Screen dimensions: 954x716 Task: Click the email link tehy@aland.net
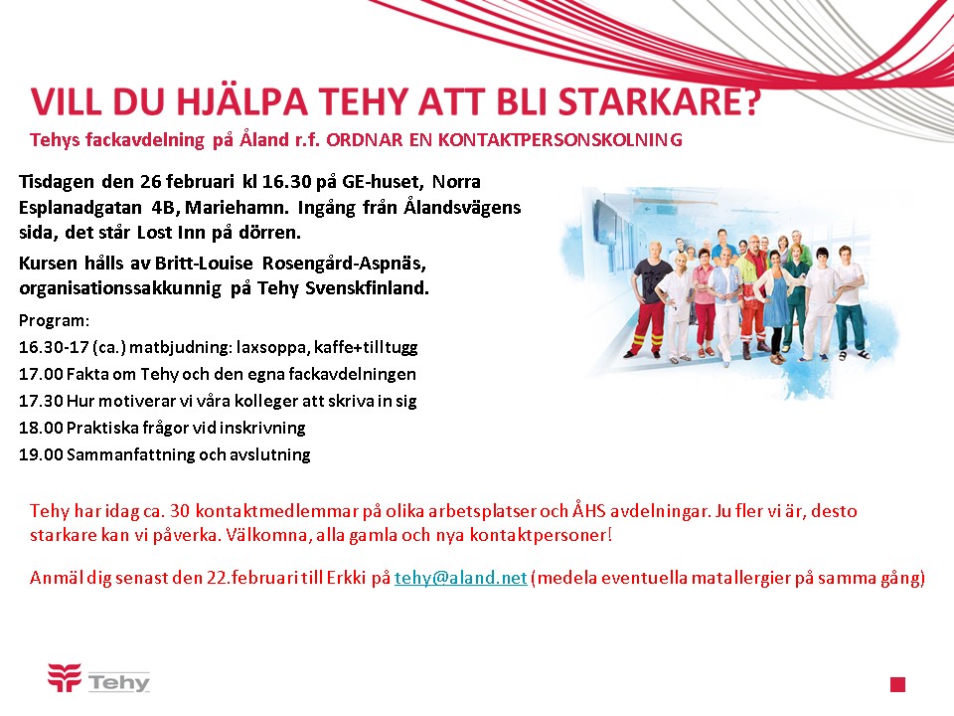pyautogui.click(x=460, y=577)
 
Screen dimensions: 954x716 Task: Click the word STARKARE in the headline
pyautogui.click(x=659, y=101)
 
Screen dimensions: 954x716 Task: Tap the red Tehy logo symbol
pyautogui.click(x=65, y=677)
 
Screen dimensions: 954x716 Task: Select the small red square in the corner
pyautogui.click(x=897, y=684)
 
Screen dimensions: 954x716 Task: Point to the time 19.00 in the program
pyautogui.click(x=41, y=454)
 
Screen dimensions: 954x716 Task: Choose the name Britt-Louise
pyautogui.click(x=204, y=263)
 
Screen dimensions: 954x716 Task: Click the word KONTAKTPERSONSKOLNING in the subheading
pyautogui.click(x=560, y=140)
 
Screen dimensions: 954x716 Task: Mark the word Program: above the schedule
pyautogui.click(x=54, y=321)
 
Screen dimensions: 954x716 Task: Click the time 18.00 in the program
pyautogui.click(x=41, y=428)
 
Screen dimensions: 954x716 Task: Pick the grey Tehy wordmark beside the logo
pyautogui.click(x=118, y=682)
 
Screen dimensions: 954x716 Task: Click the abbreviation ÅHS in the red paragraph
pyautogui.click(x=589, y=510)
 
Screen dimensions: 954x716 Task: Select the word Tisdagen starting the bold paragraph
pyautogui.click(x=57, y=182)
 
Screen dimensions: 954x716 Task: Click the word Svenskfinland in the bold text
pyautogui.click(x=367, y=288)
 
